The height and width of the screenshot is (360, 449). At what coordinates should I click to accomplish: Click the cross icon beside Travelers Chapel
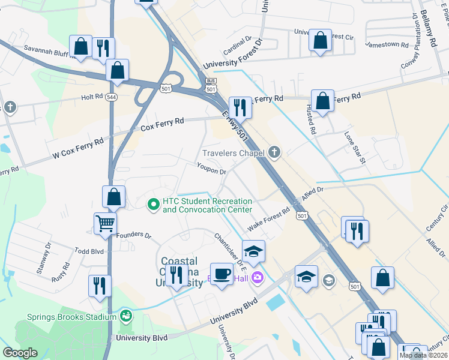click(x=274, y=152)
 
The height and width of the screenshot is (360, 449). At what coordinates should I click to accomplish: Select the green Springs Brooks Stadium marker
click(x=126, y=315)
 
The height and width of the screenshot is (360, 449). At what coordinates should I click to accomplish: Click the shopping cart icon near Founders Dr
click(x=105, y=223)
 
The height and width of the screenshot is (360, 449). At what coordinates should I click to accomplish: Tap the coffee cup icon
click(x=222, y=274)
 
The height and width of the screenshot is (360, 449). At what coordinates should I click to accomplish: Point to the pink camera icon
click(x=258, y=277)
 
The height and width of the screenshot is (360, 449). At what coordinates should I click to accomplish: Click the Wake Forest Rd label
click(x=269, y=220)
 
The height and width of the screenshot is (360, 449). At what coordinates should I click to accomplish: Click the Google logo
click(x=20, y=353)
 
